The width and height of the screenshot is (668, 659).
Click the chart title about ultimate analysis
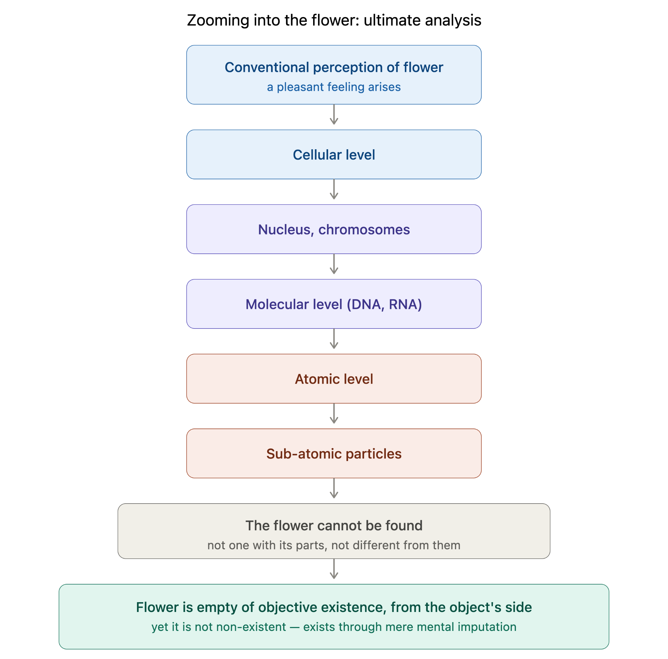click(x=334, y=20)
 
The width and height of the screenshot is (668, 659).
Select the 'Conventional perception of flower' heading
click(x=334, y=67)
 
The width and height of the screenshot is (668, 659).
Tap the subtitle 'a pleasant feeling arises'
click(x=334, y=87)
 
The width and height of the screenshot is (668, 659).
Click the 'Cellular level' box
click(x=334, y=154)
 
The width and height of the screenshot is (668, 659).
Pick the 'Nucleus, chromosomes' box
click(x=334, y=229)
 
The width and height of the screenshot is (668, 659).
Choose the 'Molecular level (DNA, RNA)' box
click(x=334, y=304)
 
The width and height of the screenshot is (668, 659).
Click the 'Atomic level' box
click(x=334, y=379)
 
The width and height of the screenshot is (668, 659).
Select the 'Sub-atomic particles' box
click(x=334, y=453)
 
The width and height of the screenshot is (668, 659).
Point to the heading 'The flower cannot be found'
click(x=334, y=525)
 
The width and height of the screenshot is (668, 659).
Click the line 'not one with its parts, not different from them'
click(x=334, y=545)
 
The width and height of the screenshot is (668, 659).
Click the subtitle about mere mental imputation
click(x=334, y=627)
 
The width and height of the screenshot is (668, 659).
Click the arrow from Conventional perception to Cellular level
click(x=334, y=115)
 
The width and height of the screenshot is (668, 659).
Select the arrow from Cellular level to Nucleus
click(x=334, y=189)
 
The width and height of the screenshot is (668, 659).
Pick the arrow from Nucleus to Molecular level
click(x=334, y=264)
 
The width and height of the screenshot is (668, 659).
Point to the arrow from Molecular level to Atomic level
click(x=334, y=339)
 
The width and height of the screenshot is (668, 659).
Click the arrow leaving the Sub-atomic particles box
click(x=334, y=488)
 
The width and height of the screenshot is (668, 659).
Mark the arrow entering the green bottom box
click(x=334, y=569)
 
